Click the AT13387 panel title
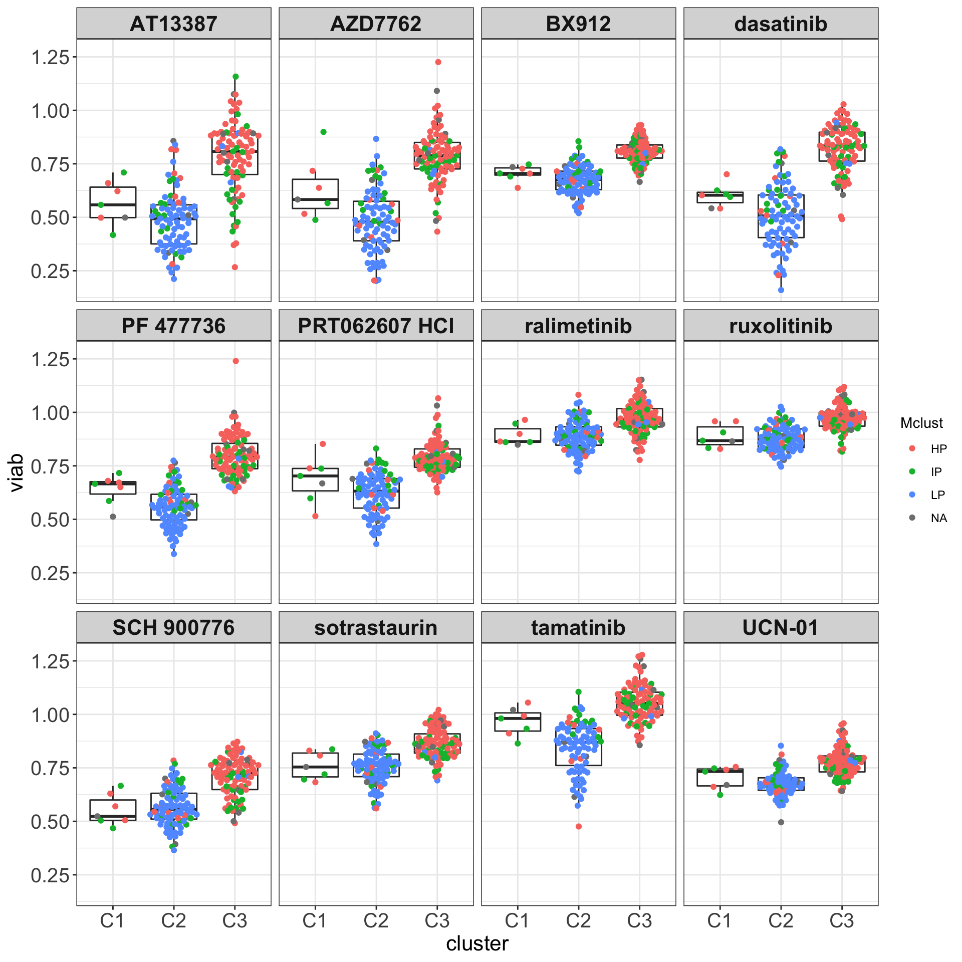173,24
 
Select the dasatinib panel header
781,24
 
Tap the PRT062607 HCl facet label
376,326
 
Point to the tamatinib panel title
578,627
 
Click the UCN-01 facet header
781,627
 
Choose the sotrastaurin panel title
376,627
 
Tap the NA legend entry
938,518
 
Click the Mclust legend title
921,423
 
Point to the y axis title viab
16,472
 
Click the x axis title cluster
477,944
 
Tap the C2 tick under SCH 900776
173,921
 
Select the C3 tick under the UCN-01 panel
842,921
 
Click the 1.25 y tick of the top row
50,57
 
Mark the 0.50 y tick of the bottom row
50,822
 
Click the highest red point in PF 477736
235,361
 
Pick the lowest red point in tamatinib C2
579,826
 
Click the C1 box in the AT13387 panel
113,202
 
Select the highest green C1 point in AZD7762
324,132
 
